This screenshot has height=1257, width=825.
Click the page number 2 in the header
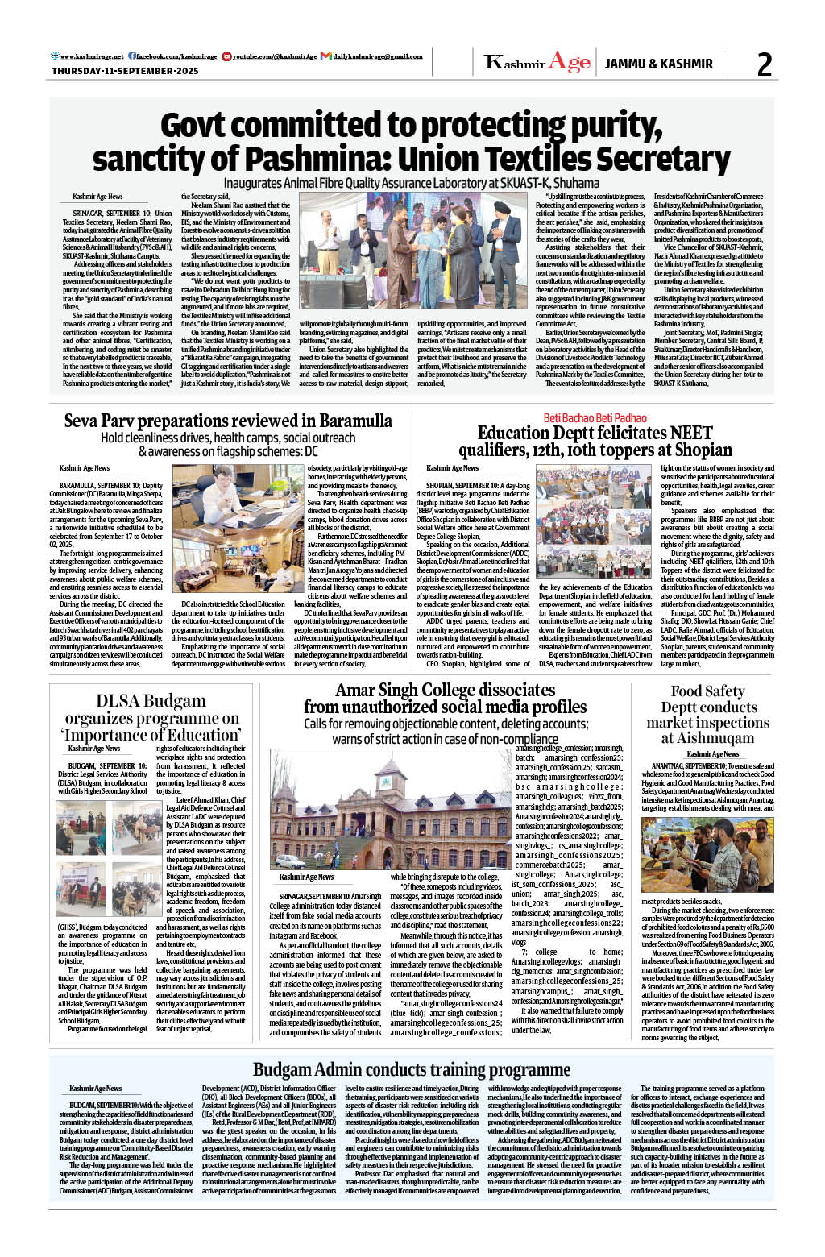tap(764, 64)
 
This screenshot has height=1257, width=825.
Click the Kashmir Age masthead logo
tap(537, 63)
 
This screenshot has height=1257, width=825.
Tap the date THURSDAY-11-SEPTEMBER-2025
tap(125, 71)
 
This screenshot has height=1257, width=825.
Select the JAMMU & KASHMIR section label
tap(658, 64)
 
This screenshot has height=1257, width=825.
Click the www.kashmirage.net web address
tap(88, 56)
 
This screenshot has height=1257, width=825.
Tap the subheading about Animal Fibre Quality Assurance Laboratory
tap(411, 183)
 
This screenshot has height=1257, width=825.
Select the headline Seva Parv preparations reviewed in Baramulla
tap(228, 421)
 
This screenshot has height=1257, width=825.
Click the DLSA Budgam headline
tap(151, 717)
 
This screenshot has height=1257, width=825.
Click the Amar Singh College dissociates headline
tap(445, 699)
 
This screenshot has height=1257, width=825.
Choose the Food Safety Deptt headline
tap(707, 714)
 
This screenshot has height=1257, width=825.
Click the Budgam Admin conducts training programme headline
tap(411, 1069)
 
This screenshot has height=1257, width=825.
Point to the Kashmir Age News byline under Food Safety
tap(712, 753)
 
